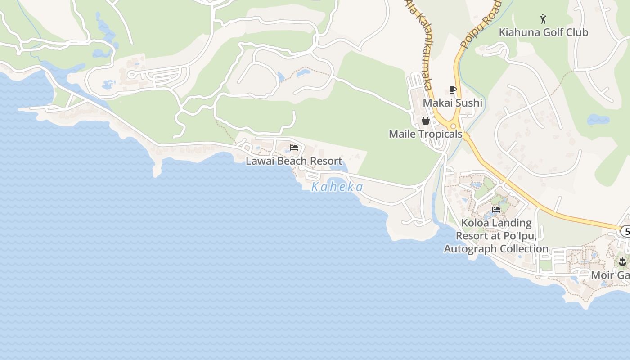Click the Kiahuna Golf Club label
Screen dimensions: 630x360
point(543,32)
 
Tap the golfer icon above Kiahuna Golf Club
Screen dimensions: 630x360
point(543,19)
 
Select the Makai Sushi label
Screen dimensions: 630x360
point(452,103)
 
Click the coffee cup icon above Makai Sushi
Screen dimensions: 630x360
point(453,90)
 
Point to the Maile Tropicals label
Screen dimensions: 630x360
point(425,134)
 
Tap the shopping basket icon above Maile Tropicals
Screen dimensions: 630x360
point(425,121)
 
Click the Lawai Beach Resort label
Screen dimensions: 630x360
point(294,161)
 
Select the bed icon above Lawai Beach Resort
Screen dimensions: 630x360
point(294,148)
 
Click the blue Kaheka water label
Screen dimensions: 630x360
point(337,187)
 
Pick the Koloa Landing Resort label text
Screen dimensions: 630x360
point(496,236)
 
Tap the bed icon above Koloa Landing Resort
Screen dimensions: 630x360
point(496,209)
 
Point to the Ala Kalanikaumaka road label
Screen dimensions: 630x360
point(419,43)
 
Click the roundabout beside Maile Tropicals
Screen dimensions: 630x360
point(453,127)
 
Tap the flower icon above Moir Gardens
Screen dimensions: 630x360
point(622,261)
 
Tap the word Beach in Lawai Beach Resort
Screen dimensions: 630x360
point(294,161)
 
